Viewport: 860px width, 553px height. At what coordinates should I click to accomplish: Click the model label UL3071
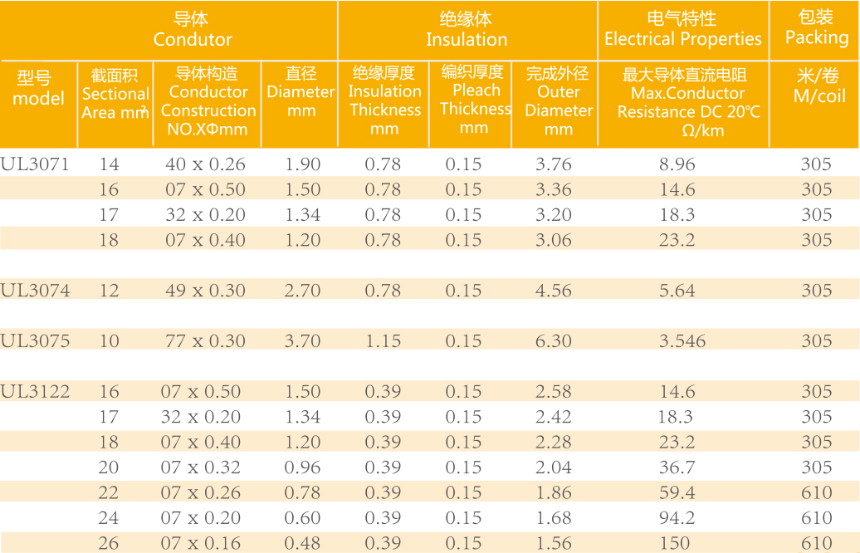click(x=34, y=164)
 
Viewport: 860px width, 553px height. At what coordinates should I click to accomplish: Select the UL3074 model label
click(x=35, y=290)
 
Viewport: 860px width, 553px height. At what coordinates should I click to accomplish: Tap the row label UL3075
click(x=35, y=340)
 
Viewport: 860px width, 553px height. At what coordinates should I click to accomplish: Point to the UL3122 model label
click(x=35, y=391)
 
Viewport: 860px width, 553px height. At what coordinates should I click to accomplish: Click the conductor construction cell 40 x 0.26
click(x=205, y=164)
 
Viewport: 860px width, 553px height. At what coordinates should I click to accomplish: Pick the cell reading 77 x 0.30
click(x=205, y=340)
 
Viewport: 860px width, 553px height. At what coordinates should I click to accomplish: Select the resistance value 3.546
click(x=682, y=340)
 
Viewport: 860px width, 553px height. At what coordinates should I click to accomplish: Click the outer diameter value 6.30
click(x=554, y=340)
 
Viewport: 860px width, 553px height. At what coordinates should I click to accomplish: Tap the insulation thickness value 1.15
click(x=383, y=340)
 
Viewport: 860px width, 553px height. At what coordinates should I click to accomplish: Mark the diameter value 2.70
click(x=302, y=290)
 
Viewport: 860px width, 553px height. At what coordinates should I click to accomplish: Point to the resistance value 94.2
click(x=677, y=517)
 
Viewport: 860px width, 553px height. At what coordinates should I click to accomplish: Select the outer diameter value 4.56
click(x=554, y=290)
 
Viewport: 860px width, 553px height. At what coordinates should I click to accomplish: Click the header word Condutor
click(x=193, y=39)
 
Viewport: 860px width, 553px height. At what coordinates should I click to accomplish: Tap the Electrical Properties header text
click(x=682, y=39)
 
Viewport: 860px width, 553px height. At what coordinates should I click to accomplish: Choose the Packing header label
click(x=816, y=37)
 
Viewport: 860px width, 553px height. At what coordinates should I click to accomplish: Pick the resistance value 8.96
click(x=677, y=164)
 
